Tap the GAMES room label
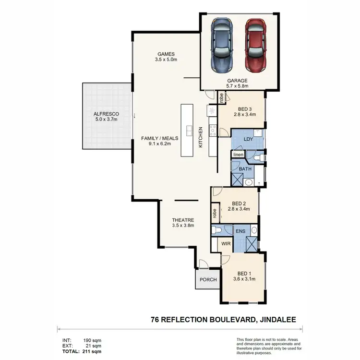pyautogui.click(x=166, y=54)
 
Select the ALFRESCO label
pyautogui.click(x=106, y=114)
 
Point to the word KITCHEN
pyautogui.click(x=201, y=137)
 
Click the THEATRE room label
pyautogui.click(x=183, y=220)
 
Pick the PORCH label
pyautogui.click(x=208, y=280)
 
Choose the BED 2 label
pyautogui.click(x=239, y=203)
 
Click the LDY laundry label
pyautogui.click(x=248, y=139)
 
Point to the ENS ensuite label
pyautogui.click(x=240, y=231)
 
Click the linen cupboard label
pyautogui.click(x=238, y=155)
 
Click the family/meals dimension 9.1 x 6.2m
pyautogui.click(x=160, y=144)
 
